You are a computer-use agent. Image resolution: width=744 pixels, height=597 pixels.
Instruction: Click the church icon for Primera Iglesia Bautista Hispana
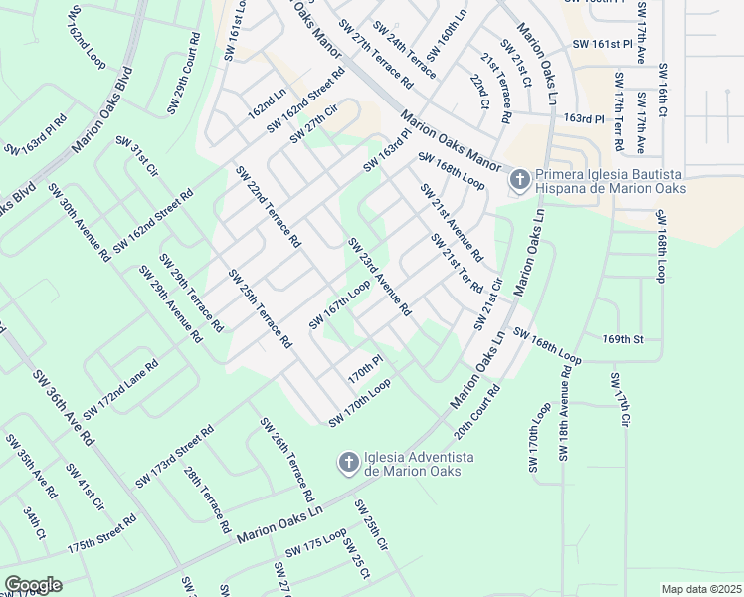tap(518, 180)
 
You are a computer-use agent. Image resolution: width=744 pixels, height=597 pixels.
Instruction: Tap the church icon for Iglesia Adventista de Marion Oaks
tap(348, 463)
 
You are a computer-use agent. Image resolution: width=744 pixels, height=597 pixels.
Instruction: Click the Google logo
tap(32, 585)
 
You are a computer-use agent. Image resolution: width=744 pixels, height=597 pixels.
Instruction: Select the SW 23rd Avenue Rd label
tap(379, 277)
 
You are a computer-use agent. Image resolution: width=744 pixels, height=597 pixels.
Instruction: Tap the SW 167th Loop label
tap(339, 304)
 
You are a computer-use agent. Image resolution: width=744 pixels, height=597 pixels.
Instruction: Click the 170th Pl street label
tap(365, 370)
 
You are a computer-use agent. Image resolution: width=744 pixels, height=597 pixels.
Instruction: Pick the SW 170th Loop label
tap(359, 402)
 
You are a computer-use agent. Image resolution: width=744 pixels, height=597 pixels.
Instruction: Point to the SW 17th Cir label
tap(619, 400)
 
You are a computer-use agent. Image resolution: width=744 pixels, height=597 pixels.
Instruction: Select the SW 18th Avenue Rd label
tap(564, 412)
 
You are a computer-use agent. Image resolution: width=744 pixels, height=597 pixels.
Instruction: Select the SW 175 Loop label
tap(315, 544)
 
